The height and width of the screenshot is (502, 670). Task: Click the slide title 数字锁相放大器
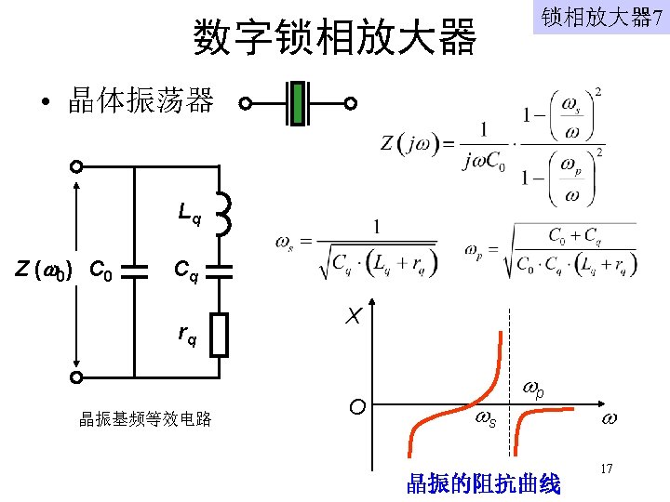[x=335, y=37]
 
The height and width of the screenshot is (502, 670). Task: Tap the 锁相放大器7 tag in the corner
[x=600, y=18]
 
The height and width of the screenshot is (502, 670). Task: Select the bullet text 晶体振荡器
[x=141, y=101]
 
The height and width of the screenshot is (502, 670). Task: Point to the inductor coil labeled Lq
[x=222, y=214]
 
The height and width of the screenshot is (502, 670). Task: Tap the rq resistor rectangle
[x=219, y=335]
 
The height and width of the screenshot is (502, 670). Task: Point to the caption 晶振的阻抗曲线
[x=483, y=482]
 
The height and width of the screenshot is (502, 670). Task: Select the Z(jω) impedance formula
[x=493, y=144]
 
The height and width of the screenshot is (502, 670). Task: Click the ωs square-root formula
[x=356, y=246]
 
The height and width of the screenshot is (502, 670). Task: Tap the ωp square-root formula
[x=550, y=248]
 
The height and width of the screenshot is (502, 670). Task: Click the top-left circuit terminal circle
[x=77, y=166]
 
